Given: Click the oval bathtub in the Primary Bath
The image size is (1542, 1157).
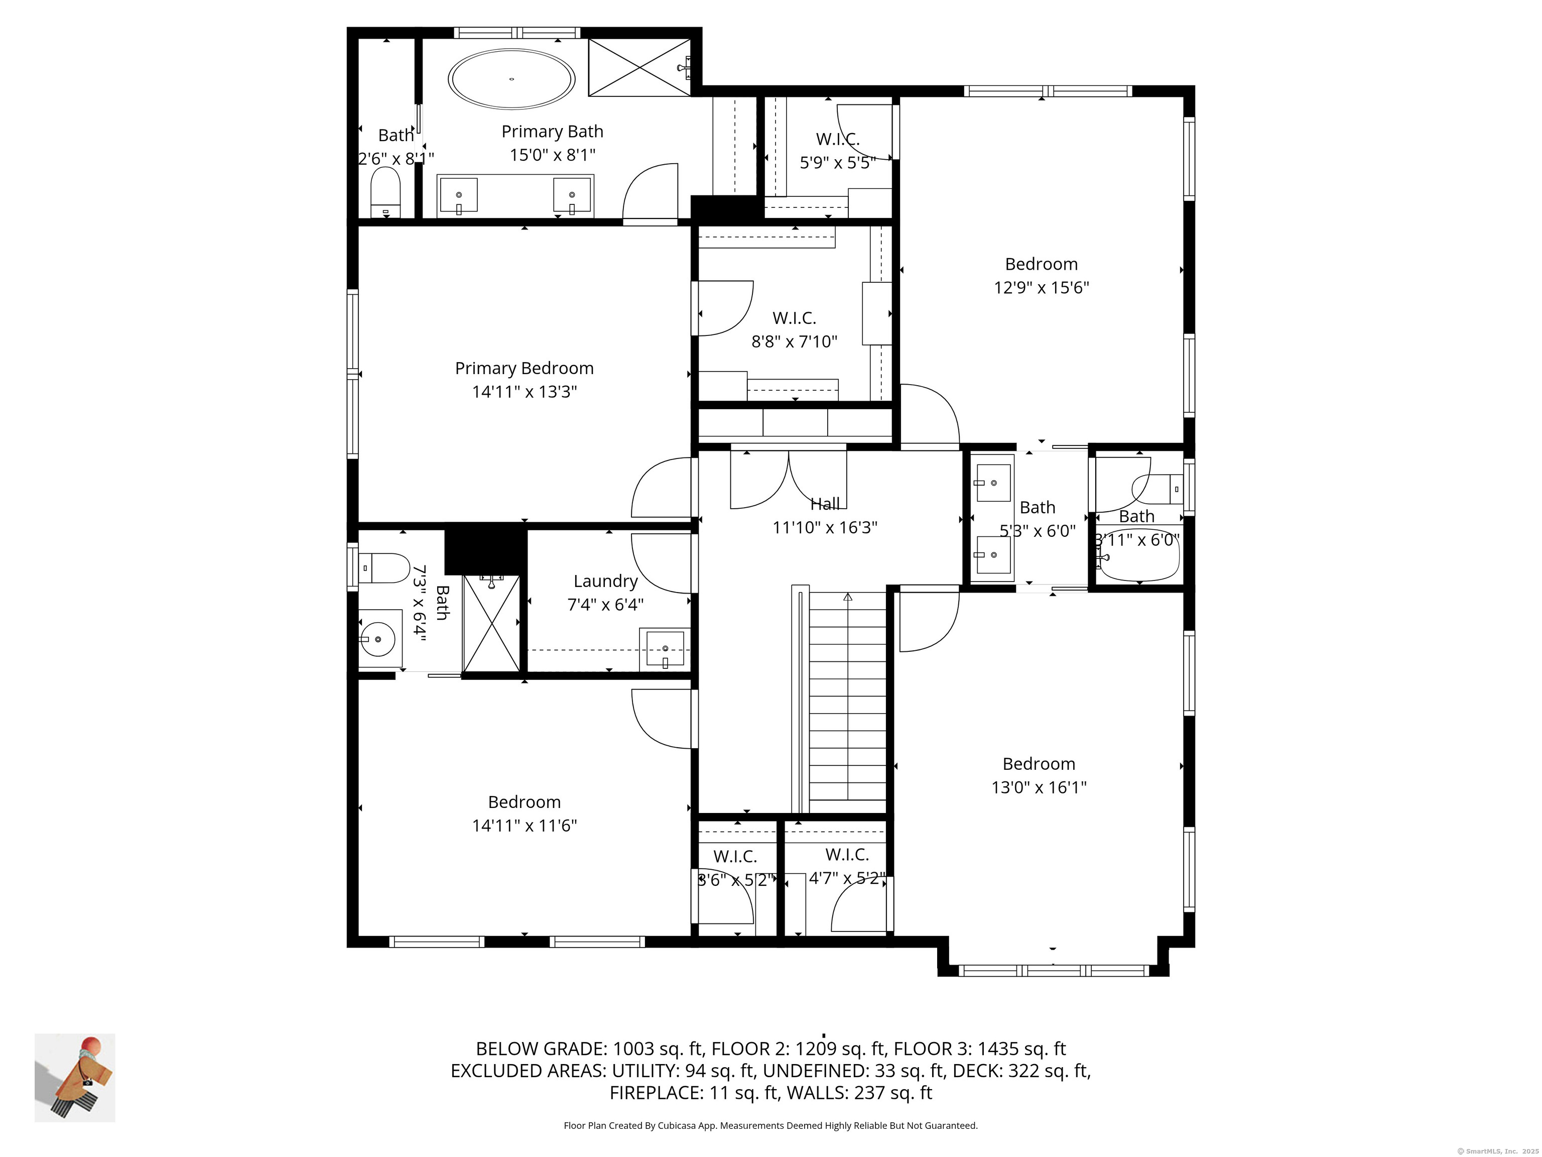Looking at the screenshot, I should pyautogui.click(x=511, y=79).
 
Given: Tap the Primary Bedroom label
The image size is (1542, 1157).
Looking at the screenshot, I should pyautogui.click(x=524, y=368).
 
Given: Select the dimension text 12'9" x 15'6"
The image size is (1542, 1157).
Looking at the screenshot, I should pyautogui.click(x=1041, y=287).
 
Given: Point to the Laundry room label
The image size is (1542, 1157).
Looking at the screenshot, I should pyautogui.click(x=605, y=581).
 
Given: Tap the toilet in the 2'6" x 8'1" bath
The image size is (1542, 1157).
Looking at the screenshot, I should pyautogui.click(x=385, y=192).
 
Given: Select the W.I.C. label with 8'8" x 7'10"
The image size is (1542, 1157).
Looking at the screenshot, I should pyautogui.click(x=794, y=318).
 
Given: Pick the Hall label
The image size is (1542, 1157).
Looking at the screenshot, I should pyautogui.click(x=825, y=504).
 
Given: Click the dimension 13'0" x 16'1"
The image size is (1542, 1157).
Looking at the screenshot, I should pyautogui.click(x=1039, y=787).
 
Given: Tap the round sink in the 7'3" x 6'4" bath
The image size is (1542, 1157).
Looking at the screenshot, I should pyautogui.click(x=377, y=639).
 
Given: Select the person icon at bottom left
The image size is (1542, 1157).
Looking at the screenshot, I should pyautogui.click(x=75, y=1078).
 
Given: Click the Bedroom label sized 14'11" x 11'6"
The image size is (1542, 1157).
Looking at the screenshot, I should pyautogui.click(x=524, y=802).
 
